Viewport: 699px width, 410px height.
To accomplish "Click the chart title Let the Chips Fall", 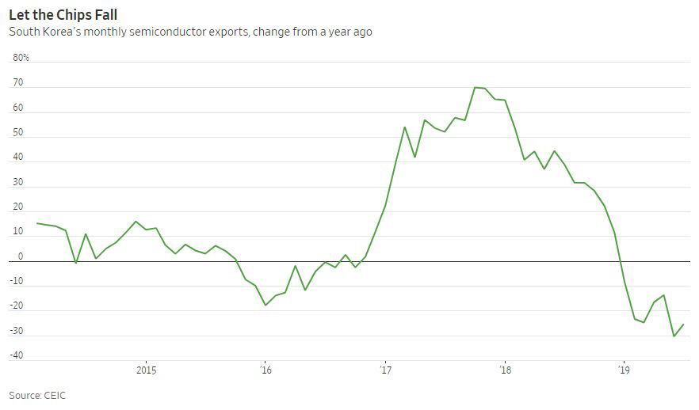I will (x=63, y=14).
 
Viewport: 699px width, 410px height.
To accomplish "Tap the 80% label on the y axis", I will (x=21, y=58).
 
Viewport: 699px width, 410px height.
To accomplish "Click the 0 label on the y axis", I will (x=21, y=256).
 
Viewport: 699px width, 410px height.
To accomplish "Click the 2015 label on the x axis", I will (x=146, y=370).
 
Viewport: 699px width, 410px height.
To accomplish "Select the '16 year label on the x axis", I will (x=265, y=370).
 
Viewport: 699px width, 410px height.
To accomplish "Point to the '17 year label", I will (x=385, y=370).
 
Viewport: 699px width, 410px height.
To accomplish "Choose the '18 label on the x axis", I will (x=504, y=370).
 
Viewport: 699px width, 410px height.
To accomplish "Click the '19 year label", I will (x=624, y=370).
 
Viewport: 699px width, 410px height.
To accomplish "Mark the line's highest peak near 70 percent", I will (x=475, y=87).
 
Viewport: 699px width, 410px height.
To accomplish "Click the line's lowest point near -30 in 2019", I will (x=674, y=336).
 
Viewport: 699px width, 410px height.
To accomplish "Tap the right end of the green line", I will (x=684, y=324).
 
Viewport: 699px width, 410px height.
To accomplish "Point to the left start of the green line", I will (x=37, y=223).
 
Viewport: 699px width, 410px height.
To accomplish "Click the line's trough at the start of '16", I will (x=265, y=305).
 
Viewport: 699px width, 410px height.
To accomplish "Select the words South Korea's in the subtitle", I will (x=42, y=32).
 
